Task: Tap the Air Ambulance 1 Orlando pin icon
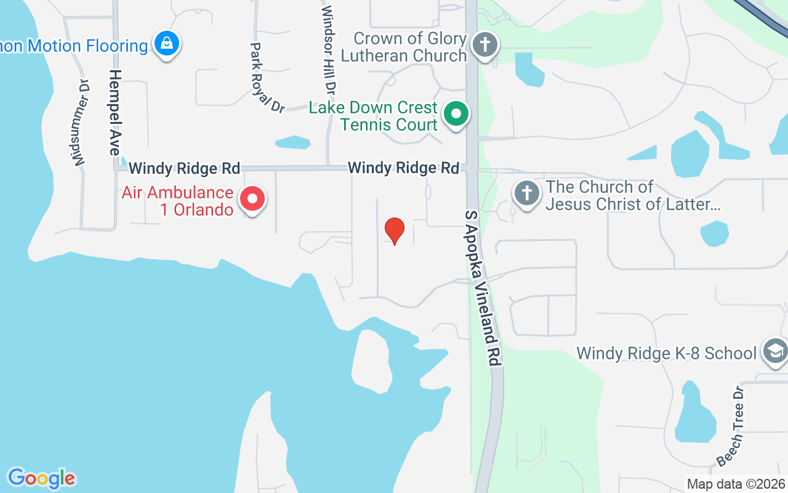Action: [252, 199]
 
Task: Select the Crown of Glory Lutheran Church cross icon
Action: [485, 46]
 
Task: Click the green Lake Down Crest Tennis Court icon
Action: [456, 115]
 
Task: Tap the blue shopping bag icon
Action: [166, 44]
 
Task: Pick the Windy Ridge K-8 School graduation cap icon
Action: [775, 351]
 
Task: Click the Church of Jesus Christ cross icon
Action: [527, 194]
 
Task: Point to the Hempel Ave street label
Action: [115, 112]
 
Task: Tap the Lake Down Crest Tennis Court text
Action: [373, 116]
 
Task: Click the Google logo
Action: [41, 478]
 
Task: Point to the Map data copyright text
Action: [736, 484]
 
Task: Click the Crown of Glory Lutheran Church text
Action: [410, 47]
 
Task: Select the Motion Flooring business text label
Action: [74, 46]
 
